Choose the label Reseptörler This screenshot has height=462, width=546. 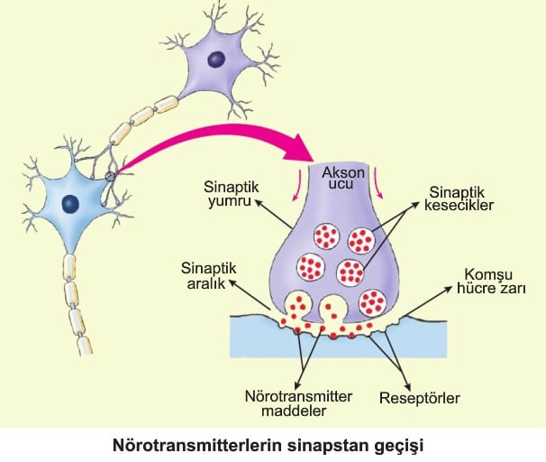tap(420, 397)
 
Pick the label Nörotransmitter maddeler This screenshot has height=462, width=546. tap(287, 403)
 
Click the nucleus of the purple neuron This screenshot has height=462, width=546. tap(215, 60)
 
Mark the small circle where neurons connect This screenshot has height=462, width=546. tap(111, 176)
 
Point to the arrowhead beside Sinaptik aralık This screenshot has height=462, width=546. tap(232, 282)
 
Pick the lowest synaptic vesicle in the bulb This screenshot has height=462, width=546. tap(372, 300)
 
